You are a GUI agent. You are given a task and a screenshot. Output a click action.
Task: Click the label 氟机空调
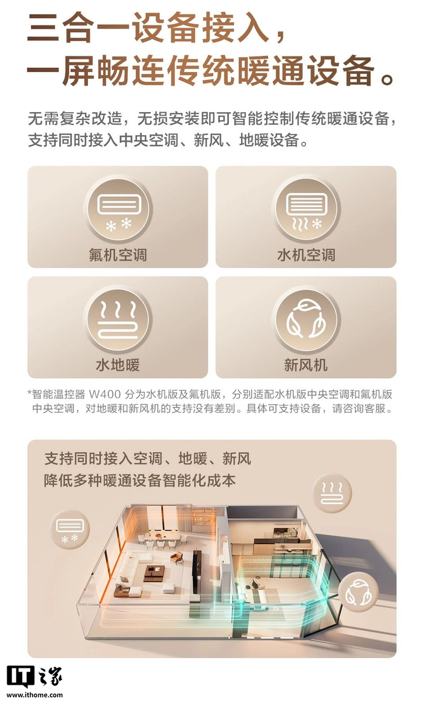(118, 255)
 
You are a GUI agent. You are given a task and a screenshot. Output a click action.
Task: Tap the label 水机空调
(306, 255)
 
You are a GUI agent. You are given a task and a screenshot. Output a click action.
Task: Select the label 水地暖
(118, 364)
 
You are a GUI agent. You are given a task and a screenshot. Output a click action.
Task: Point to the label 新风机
(306, 364)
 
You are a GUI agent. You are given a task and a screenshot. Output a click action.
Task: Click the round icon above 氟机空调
(118, 209)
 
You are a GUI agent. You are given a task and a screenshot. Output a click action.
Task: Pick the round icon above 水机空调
(306, 209)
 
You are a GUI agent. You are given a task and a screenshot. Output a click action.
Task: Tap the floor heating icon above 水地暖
(118, 319)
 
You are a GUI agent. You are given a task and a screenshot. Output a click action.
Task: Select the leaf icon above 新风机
(306, 319)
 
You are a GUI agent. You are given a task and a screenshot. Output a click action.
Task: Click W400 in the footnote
(105, 395)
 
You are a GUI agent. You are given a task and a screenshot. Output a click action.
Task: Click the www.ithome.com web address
(35, 695)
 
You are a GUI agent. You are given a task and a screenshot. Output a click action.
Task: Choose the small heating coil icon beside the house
(332, 493)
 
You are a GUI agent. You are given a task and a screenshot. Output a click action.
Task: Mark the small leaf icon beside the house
(358, 592)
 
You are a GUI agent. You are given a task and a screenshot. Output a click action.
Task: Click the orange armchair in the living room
(177, 558)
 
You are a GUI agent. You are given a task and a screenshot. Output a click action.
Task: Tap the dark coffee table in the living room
(154, 573)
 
